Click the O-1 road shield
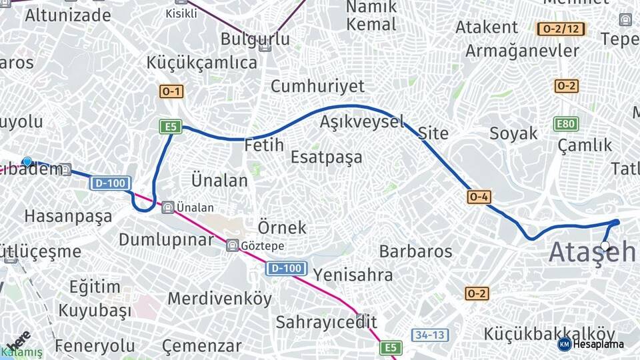pyautogui.click(x=171, y=91)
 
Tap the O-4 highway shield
pyautogui.click(x=479, y=197)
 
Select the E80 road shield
pyautogui.click(x=566, y=124)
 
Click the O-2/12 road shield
pyautogui.click(x=561, y=29)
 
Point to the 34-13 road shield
pyautogui.click(x=429, y=335)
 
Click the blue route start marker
pyautogui.click(x=27, y=161)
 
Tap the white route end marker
pyautogui.click(x=605, y=247)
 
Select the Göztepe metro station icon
pyautogui.click(x=232, y=245)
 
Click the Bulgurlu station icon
pyautogui.click(x=265, y=46)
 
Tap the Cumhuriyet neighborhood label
pyautogui.click(x=317, y=86)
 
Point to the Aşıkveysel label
pyautogui.click(x=362, y=121)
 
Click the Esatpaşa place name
pyautogui.click(x=327, y=157)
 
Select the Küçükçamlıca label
pyautogui.click(x=202, y=63)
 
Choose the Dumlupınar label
pyautogui.click(x=166, y=239)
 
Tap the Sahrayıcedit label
pyautogui.click(x=327, y=322)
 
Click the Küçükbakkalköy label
pyautogui.click(x=549, y=333)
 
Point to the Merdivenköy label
pyautogui.click(x=220, y=298)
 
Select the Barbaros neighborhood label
pyautogui.click(x=415, y=251)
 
